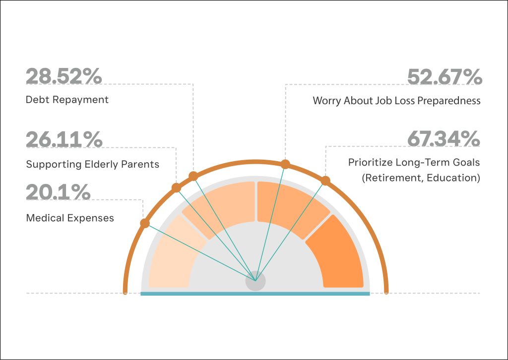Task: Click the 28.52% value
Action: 64,76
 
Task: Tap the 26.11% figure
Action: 64,139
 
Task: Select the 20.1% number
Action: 58,192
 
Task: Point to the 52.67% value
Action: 444,77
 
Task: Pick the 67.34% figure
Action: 444,138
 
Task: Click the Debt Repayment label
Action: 67,100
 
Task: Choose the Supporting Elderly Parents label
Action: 93,164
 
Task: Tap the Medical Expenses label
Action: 70,218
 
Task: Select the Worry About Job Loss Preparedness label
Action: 396,101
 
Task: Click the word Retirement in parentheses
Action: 391,178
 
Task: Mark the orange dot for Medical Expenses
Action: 145,223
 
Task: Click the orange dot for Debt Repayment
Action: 193,176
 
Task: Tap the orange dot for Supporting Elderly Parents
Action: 176,188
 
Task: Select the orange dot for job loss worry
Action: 285,164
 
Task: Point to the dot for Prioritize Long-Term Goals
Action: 325,180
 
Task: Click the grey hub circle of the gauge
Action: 255,281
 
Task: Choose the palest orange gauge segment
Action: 175,254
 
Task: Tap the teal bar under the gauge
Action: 255,294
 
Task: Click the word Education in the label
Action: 451,178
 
